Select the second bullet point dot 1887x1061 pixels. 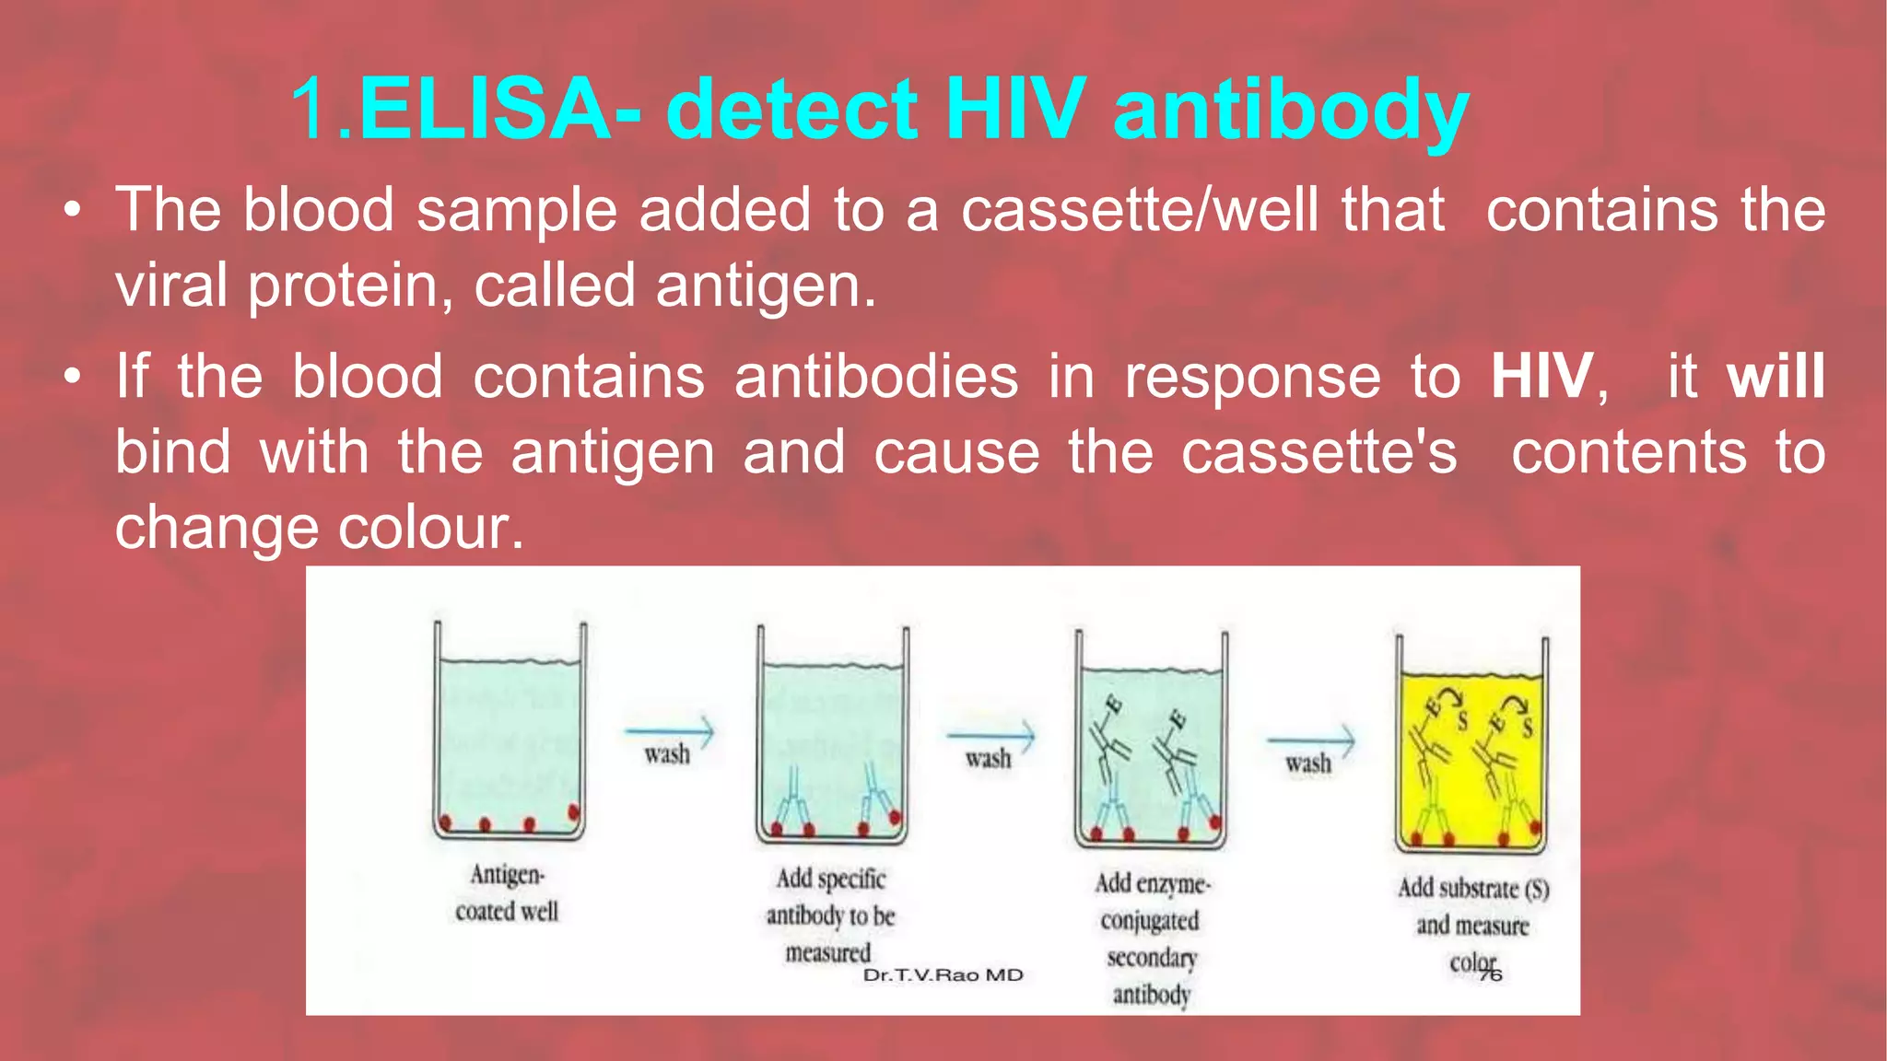click(x=73, y=379)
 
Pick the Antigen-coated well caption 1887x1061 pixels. click(x=507, y=892)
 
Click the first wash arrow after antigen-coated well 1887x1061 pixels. click(x=668, y=734)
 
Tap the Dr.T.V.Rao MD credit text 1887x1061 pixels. click(x=943, y=975)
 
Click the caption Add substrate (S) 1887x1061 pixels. click(x=1472, y=889)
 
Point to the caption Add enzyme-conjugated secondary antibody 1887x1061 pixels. click(x=1151, y=939)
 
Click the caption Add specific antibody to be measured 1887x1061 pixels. click(x=830, y=915)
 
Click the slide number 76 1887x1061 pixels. click(x=1491, y=974)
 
